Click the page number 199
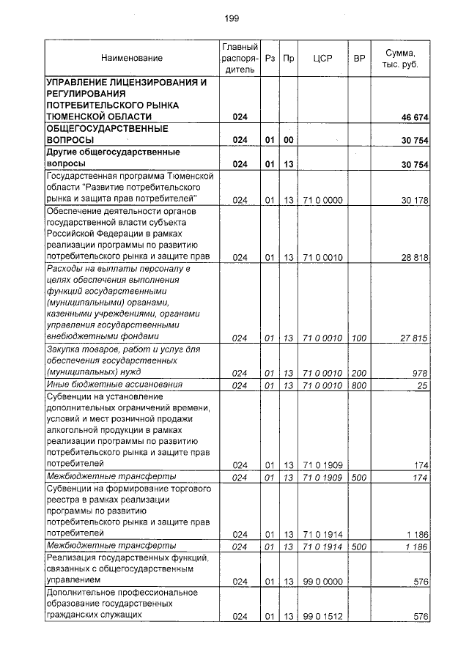point(232,18)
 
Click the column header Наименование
point(132,58)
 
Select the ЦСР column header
point(322,58)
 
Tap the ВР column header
point(359,58)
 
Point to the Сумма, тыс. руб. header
point(400,58)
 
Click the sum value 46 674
point(414,117)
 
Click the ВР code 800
point(359,385)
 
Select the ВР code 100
point(359,338)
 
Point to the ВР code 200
point(359,373)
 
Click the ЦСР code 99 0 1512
point(322,618)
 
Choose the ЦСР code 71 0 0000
point(322,199)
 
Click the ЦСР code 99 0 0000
point(322,582)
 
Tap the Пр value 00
point(288,140)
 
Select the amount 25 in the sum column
point(423,385)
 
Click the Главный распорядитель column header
point(240,58)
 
